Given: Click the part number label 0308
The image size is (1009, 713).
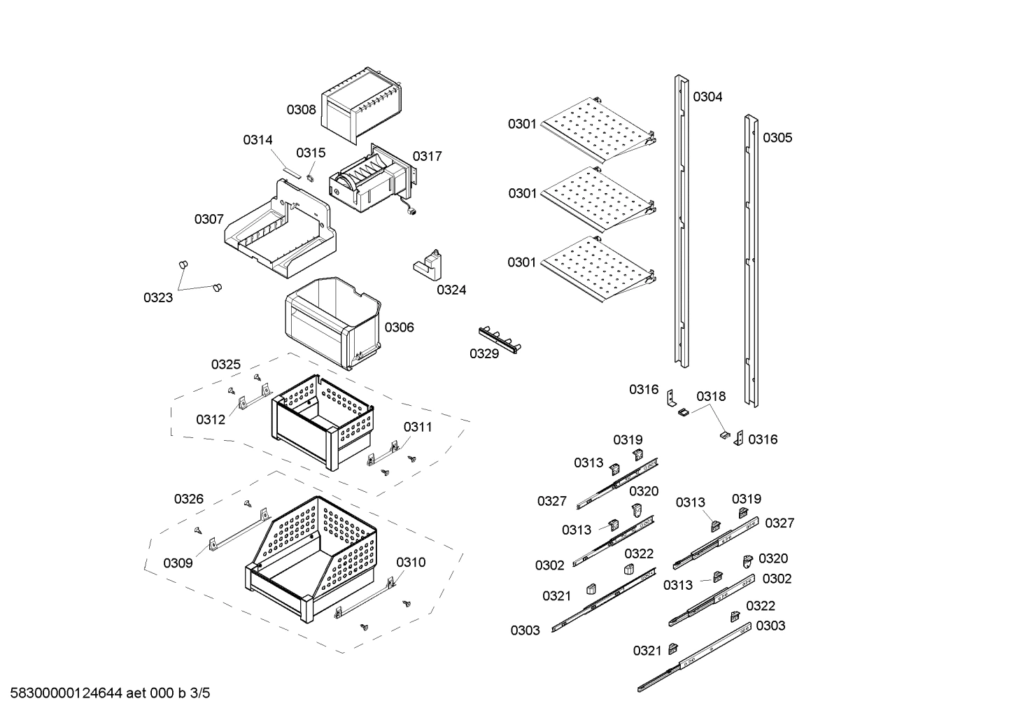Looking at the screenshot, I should [x=301, y=110].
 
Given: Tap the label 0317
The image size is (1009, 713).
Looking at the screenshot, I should [x=427, y=156].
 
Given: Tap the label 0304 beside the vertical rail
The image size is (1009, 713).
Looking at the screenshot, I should [x=707, y=97].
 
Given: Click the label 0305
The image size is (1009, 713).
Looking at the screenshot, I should [x=777, y=138].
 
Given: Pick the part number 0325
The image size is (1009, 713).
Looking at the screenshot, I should [x=226, y=365].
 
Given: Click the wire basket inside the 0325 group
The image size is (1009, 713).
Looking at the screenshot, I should [x=323, y=420].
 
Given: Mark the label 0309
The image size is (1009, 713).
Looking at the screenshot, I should [x=178, y=563].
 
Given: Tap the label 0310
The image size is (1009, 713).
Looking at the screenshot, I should [x=411, y=563].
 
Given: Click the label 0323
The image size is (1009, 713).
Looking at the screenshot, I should [x=158, y=298].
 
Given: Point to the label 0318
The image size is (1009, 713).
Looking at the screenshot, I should [x=711, y=397].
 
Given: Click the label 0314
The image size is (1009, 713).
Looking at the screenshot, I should [x=257, y=140].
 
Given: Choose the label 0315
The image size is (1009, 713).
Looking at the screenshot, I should [x=311, y=153].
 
